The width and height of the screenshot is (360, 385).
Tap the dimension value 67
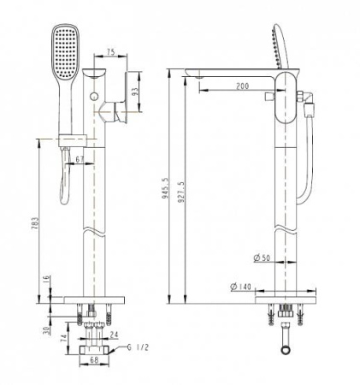[x=80, y=159]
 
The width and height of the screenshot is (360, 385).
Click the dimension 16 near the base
[x=46, y=280]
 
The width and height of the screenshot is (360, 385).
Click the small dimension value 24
[x=115, y=335]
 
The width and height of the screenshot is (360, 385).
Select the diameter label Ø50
[x=263, y=258]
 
